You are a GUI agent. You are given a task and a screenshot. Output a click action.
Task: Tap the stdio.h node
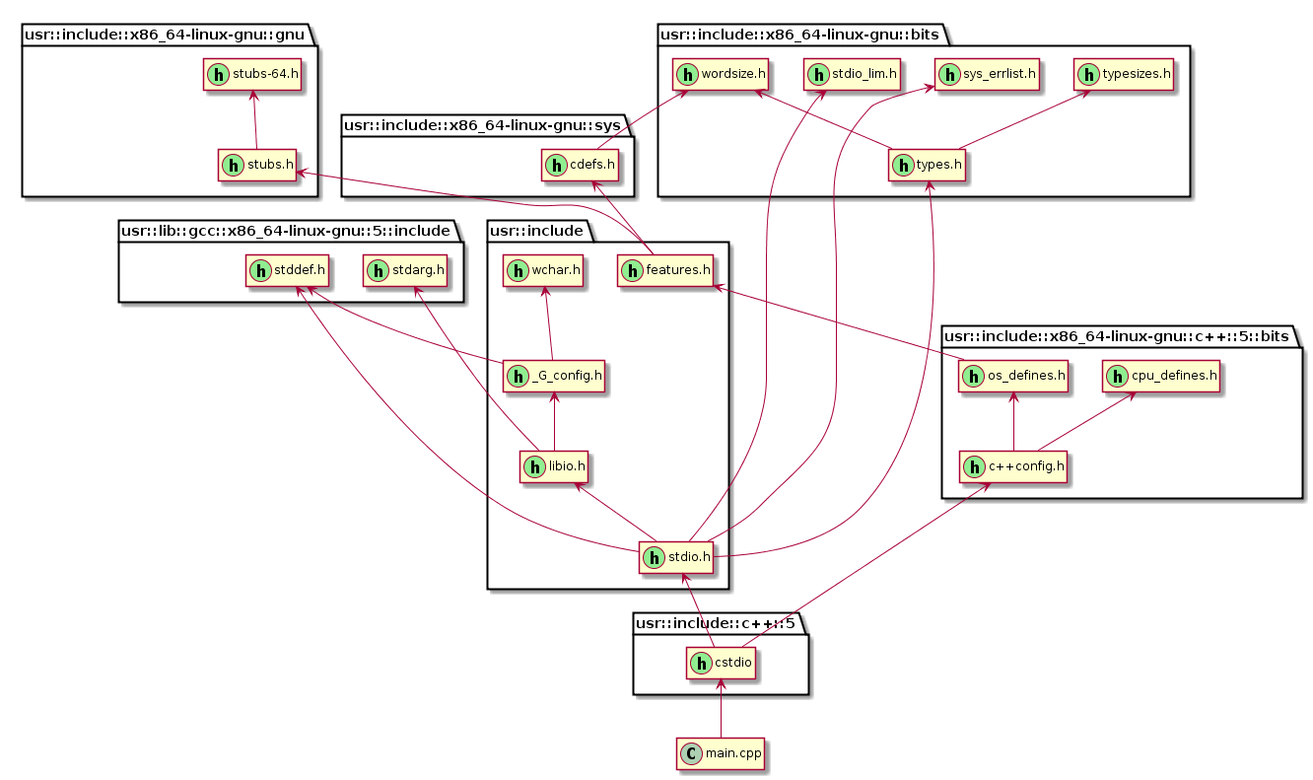[676, 558]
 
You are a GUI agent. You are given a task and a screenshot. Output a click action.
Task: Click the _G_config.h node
[554, 376]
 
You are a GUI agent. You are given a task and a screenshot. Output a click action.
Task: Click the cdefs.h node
[581, 166]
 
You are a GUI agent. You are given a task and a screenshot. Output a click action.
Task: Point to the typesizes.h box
[1125, 74]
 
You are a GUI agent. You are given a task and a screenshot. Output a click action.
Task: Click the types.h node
[928, 166]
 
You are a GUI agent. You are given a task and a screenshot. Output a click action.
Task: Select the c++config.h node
[1014, 466]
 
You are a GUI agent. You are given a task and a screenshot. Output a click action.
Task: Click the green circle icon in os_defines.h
[974, 376]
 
